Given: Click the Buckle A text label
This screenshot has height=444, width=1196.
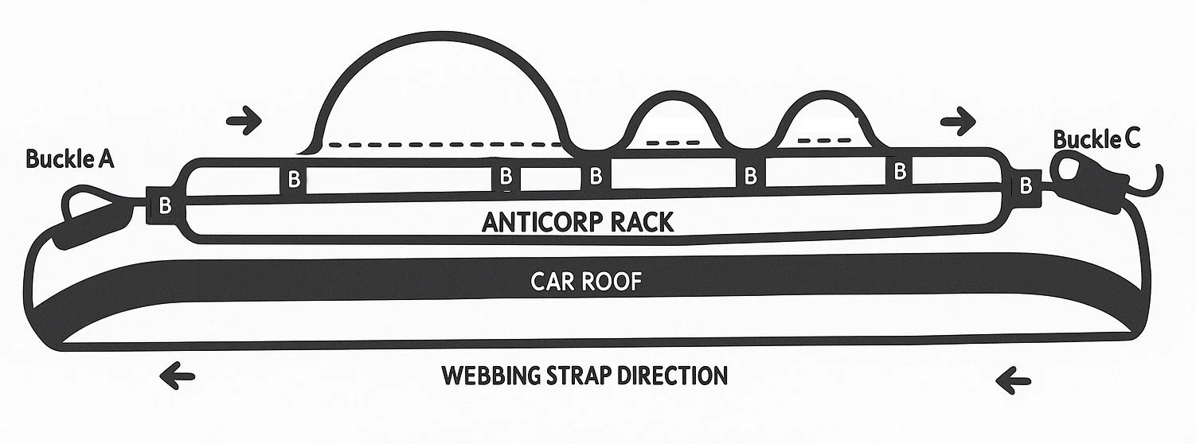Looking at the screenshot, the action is (x=69, y=159).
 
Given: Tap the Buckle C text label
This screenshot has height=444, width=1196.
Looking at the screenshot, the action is (x=1096, y=140).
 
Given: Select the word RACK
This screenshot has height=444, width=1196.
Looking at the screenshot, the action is (x=641, y=222).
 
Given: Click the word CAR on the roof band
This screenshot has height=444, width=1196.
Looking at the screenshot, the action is (x=552, y=282).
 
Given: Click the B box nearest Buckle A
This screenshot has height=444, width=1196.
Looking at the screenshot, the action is (x=165, y=205).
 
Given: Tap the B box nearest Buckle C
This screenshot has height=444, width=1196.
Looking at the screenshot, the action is (x=1026, y=185).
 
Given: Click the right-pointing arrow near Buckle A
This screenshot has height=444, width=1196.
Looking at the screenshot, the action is (x=244, y=122).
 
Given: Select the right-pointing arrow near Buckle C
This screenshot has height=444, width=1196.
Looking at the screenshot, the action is (x=957, y=122).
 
